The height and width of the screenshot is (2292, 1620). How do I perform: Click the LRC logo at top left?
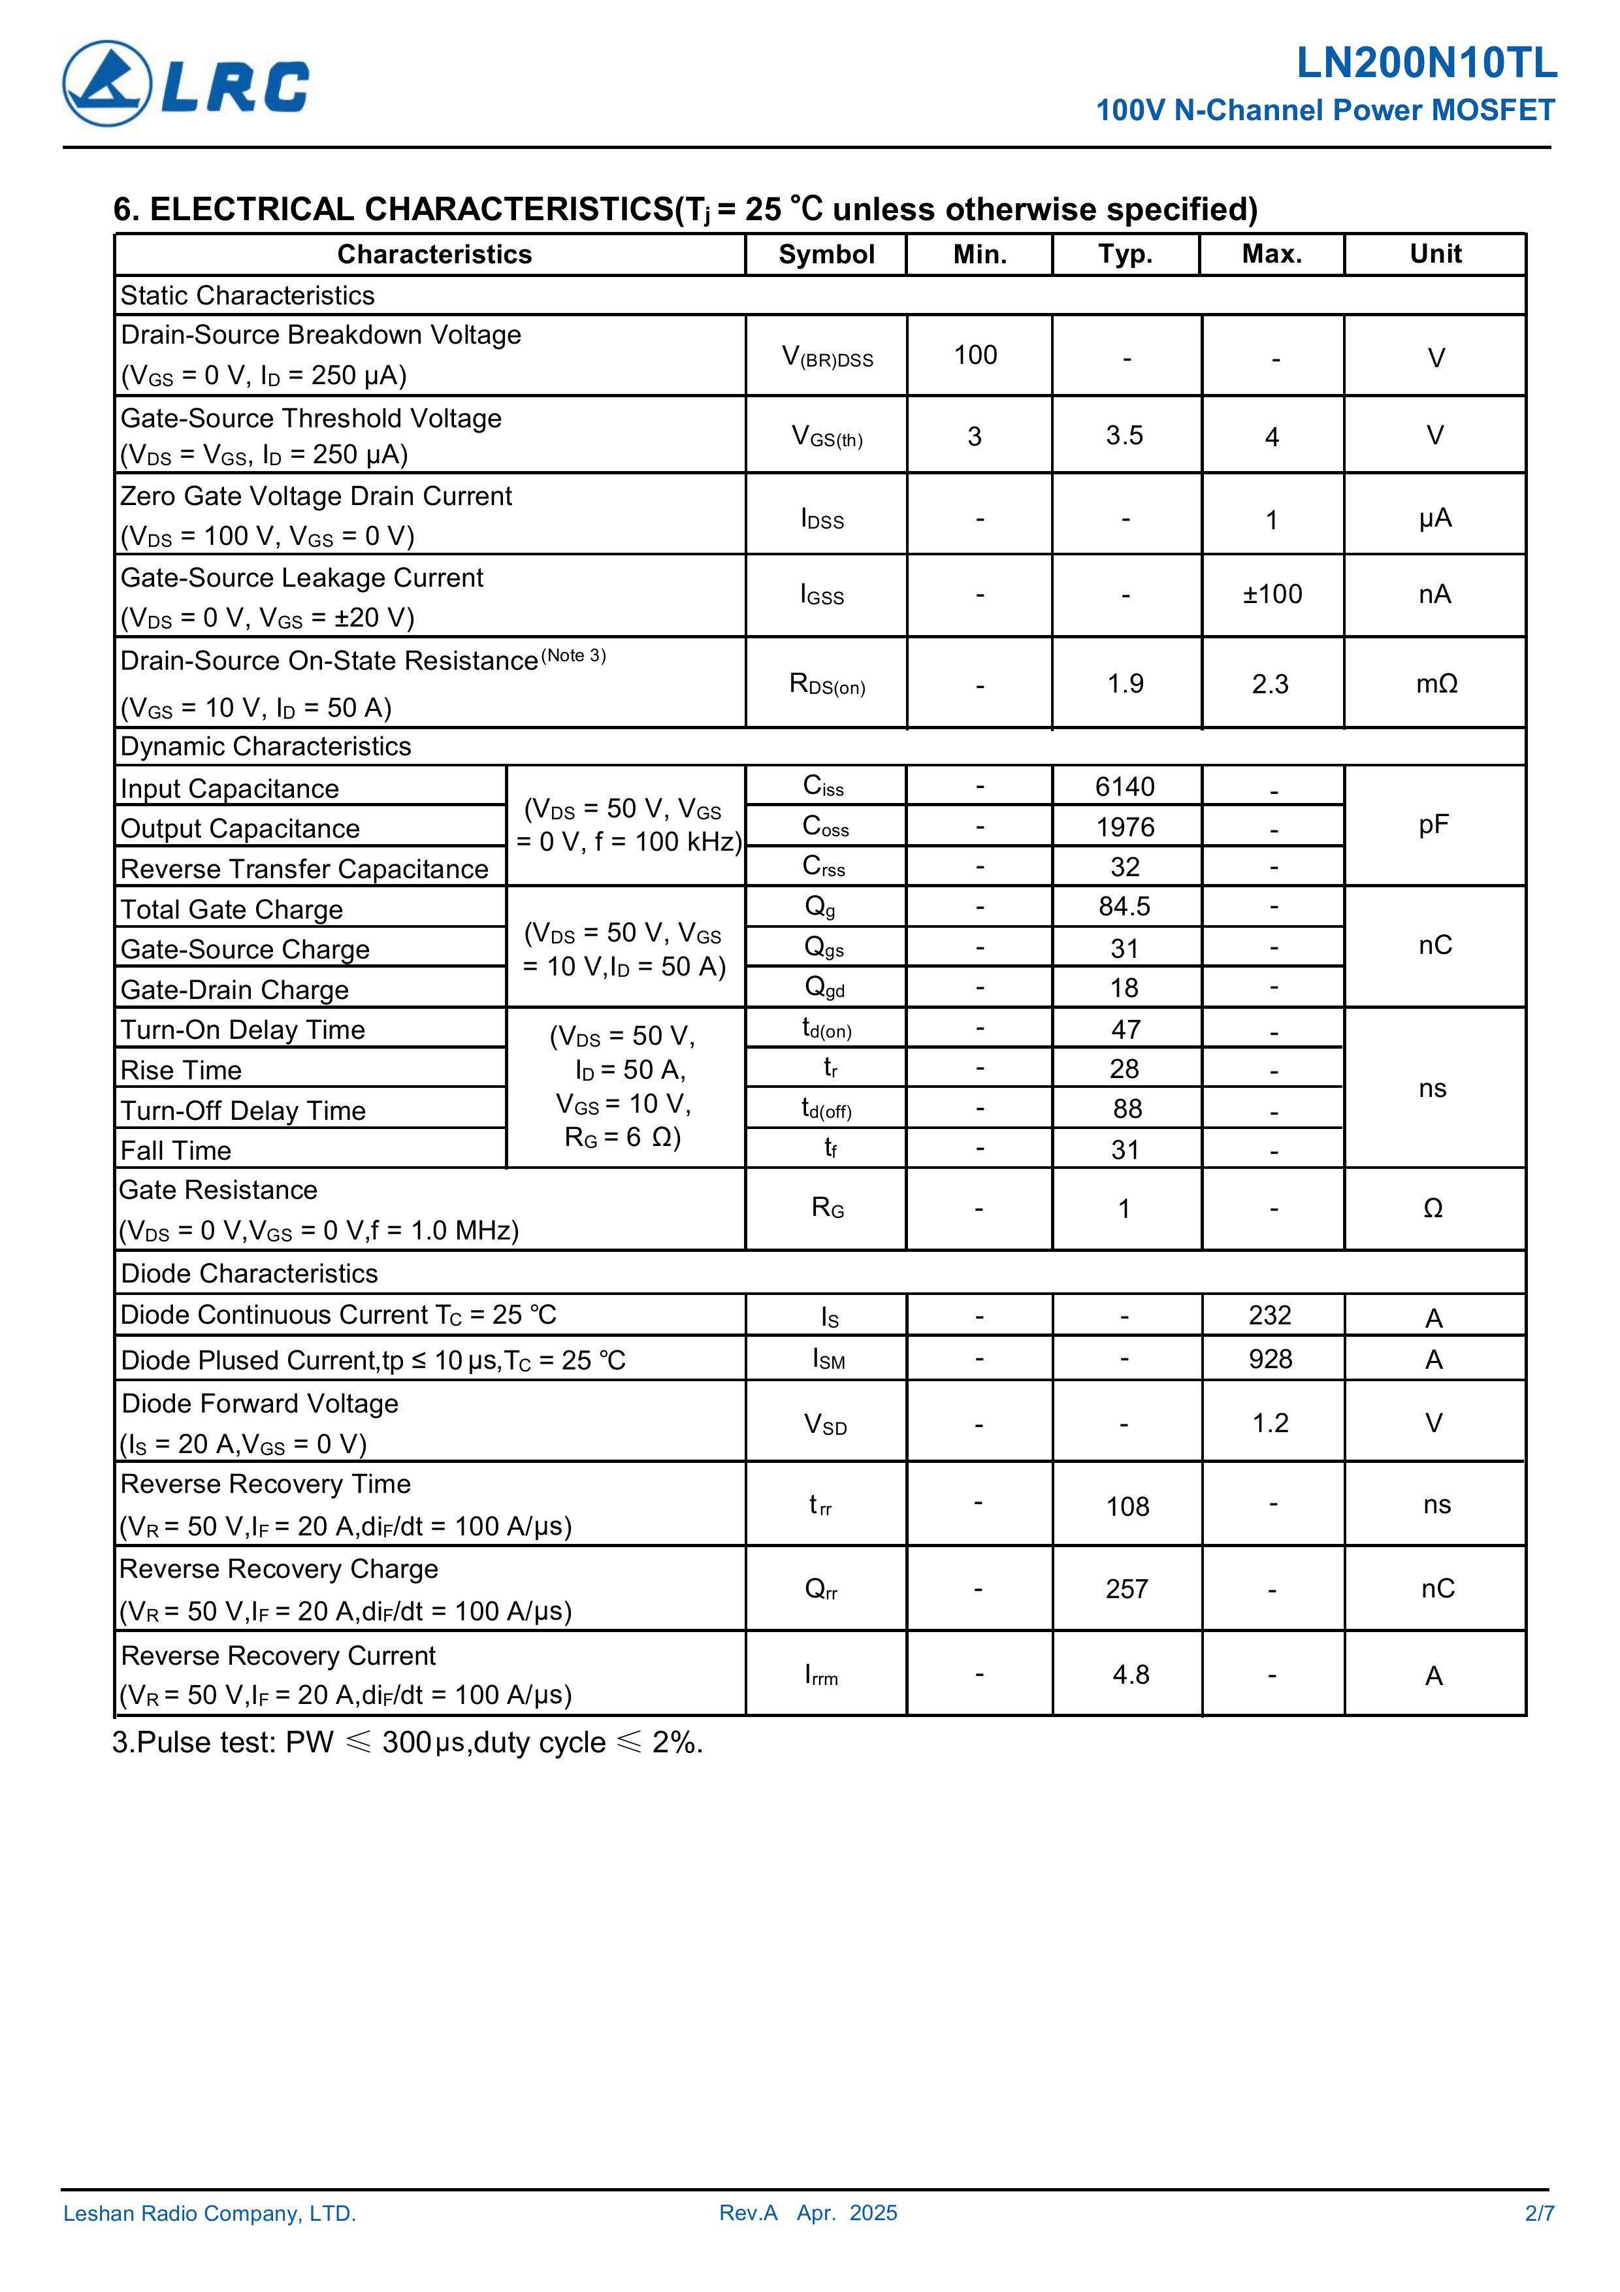[186, 84]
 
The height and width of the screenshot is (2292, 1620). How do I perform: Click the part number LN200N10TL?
[1425, 64]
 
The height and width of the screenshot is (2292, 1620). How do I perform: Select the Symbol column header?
[826, 255]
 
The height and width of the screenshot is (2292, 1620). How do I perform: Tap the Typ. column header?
[1125, 255]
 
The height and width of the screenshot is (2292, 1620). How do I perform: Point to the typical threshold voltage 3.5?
[1124, 435]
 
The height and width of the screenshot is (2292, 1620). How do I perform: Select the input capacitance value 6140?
[1124, 787]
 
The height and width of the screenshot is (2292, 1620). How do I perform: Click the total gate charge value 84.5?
[1124, 906]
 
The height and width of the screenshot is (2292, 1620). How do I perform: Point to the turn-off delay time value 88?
[1125, 1108]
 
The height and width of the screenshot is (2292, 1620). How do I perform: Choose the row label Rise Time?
[181, 1070]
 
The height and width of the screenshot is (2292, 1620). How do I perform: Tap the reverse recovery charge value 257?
[1126, 1588]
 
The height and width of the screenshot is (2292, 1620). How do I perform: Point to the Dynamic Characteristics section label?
[265, 747]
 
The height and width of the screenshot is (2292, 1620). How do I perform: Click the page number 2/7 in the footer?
[1539, 2213]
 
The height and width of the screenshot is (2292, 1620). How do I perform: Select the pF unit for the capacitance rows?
[1433, 825]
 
